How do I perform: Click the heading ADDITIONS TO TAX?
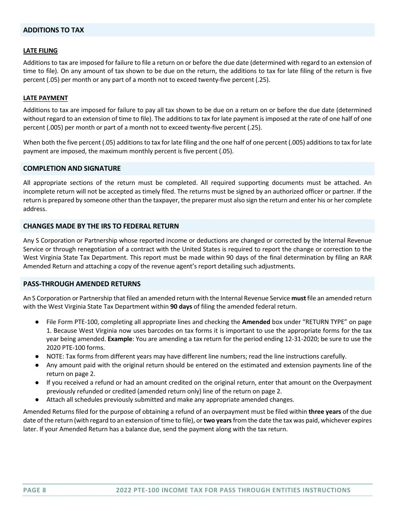(x=53, y=30)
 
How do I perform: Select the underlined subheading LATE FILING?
(x=40, y=51)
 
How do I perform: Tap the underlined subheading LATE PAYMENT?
(x=45, y=98)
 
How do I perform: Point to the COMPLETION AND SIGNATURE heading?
(x=72, y=168)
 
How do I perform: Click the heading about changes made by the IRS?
(x=101, y=226)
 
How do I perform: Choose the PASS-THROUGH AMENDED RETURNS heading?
(x=81, y=284)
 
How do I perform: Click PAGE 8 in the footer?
(x=35, y=490)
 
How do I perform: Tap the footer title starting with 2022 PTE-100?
(x=233, y=490)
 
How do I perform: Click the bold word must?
(x=299, y=298)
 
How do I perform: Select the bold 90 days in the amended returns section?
(x=181, y=307)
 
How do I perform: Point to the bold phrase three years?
(x=324, y=412)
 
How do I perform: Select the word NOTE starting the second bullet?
(x=54, y=356)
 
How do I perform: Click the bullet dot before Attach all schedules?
(x=37, y=400)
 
